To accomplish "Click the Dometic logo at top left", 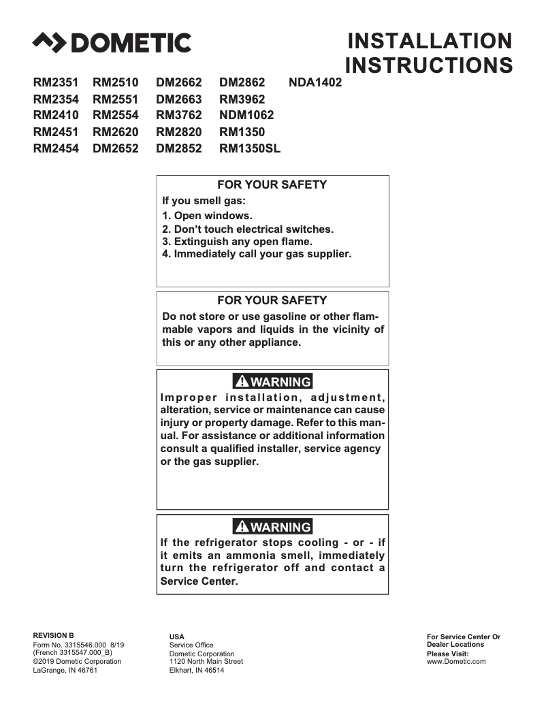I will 112,43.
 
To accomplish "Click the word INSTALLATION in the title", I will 429,41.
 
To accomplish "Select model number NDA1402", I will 315,83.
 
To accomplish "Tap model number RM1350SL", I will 249,148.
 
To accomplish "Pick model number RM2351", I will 56,83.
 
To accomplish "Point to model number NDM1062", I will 246,116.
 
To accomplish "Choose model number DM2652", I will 115,148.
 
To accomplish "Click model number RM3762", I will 178,116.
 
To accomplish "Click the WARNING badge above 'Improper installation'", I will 272,382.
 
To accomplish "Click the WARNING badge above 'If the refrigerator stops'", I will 272,527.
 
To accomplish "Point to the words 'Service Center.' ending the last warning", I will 199,581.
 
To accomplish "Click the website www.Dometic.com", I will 456,661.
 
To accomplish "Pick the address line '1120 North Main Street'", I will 206,661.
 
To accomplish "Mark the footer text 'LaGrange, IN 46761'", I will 65,670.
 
